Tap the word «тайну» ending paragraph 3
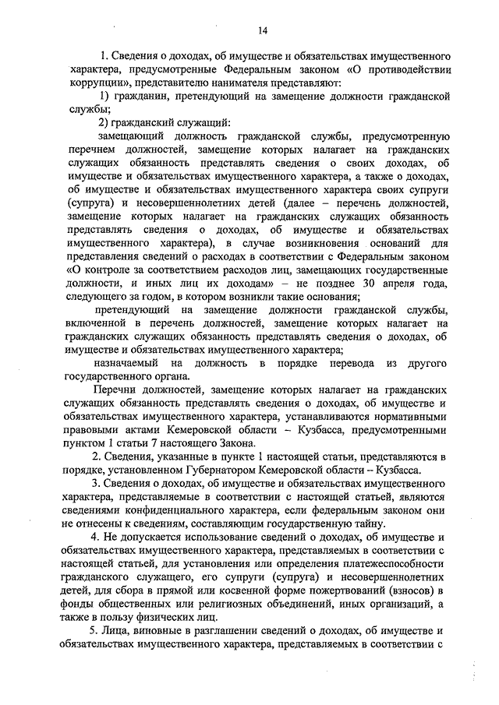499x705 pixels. (x=367, y=523)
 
